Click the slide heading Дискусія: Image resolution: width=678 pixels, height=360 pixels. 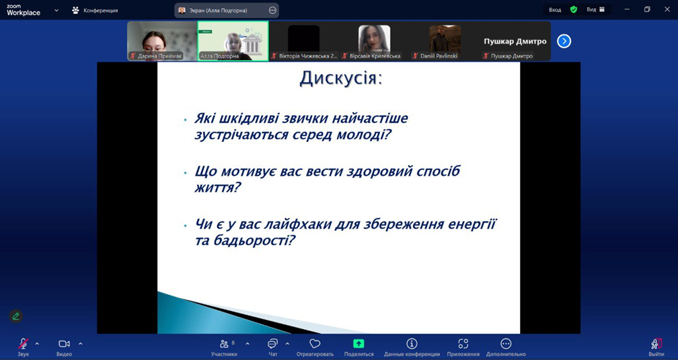[341, 79]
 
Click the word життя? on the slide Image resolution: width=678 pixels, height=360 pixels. [217, 188]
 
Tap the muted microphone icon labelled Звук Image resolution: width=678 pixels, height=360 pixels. [23, 344]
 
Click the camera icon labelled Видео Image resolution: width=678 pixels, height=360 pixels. [64, 344]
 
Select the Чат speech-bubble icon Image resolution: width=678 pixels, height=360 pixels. [272, 344]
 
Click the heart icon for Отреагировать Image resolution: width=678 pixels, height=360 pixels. [315, 344]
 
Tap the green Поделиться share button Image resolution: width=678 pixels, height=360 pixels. [359, 344]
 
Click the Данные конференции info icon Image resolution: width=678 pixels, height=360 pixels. [412, 344]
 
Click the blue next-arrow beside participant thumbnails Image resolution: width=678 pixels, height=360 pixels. [564, 41]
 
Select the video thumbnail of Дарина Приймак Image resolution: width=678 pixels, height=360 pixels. [162, 41]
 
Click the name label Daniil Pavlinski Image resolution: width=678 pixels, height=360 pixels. [439, 56]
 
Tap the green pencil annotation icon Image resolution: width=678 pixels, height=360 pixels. [16, 316]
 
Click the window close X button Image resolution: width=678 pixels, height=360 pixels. [667, 9]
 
